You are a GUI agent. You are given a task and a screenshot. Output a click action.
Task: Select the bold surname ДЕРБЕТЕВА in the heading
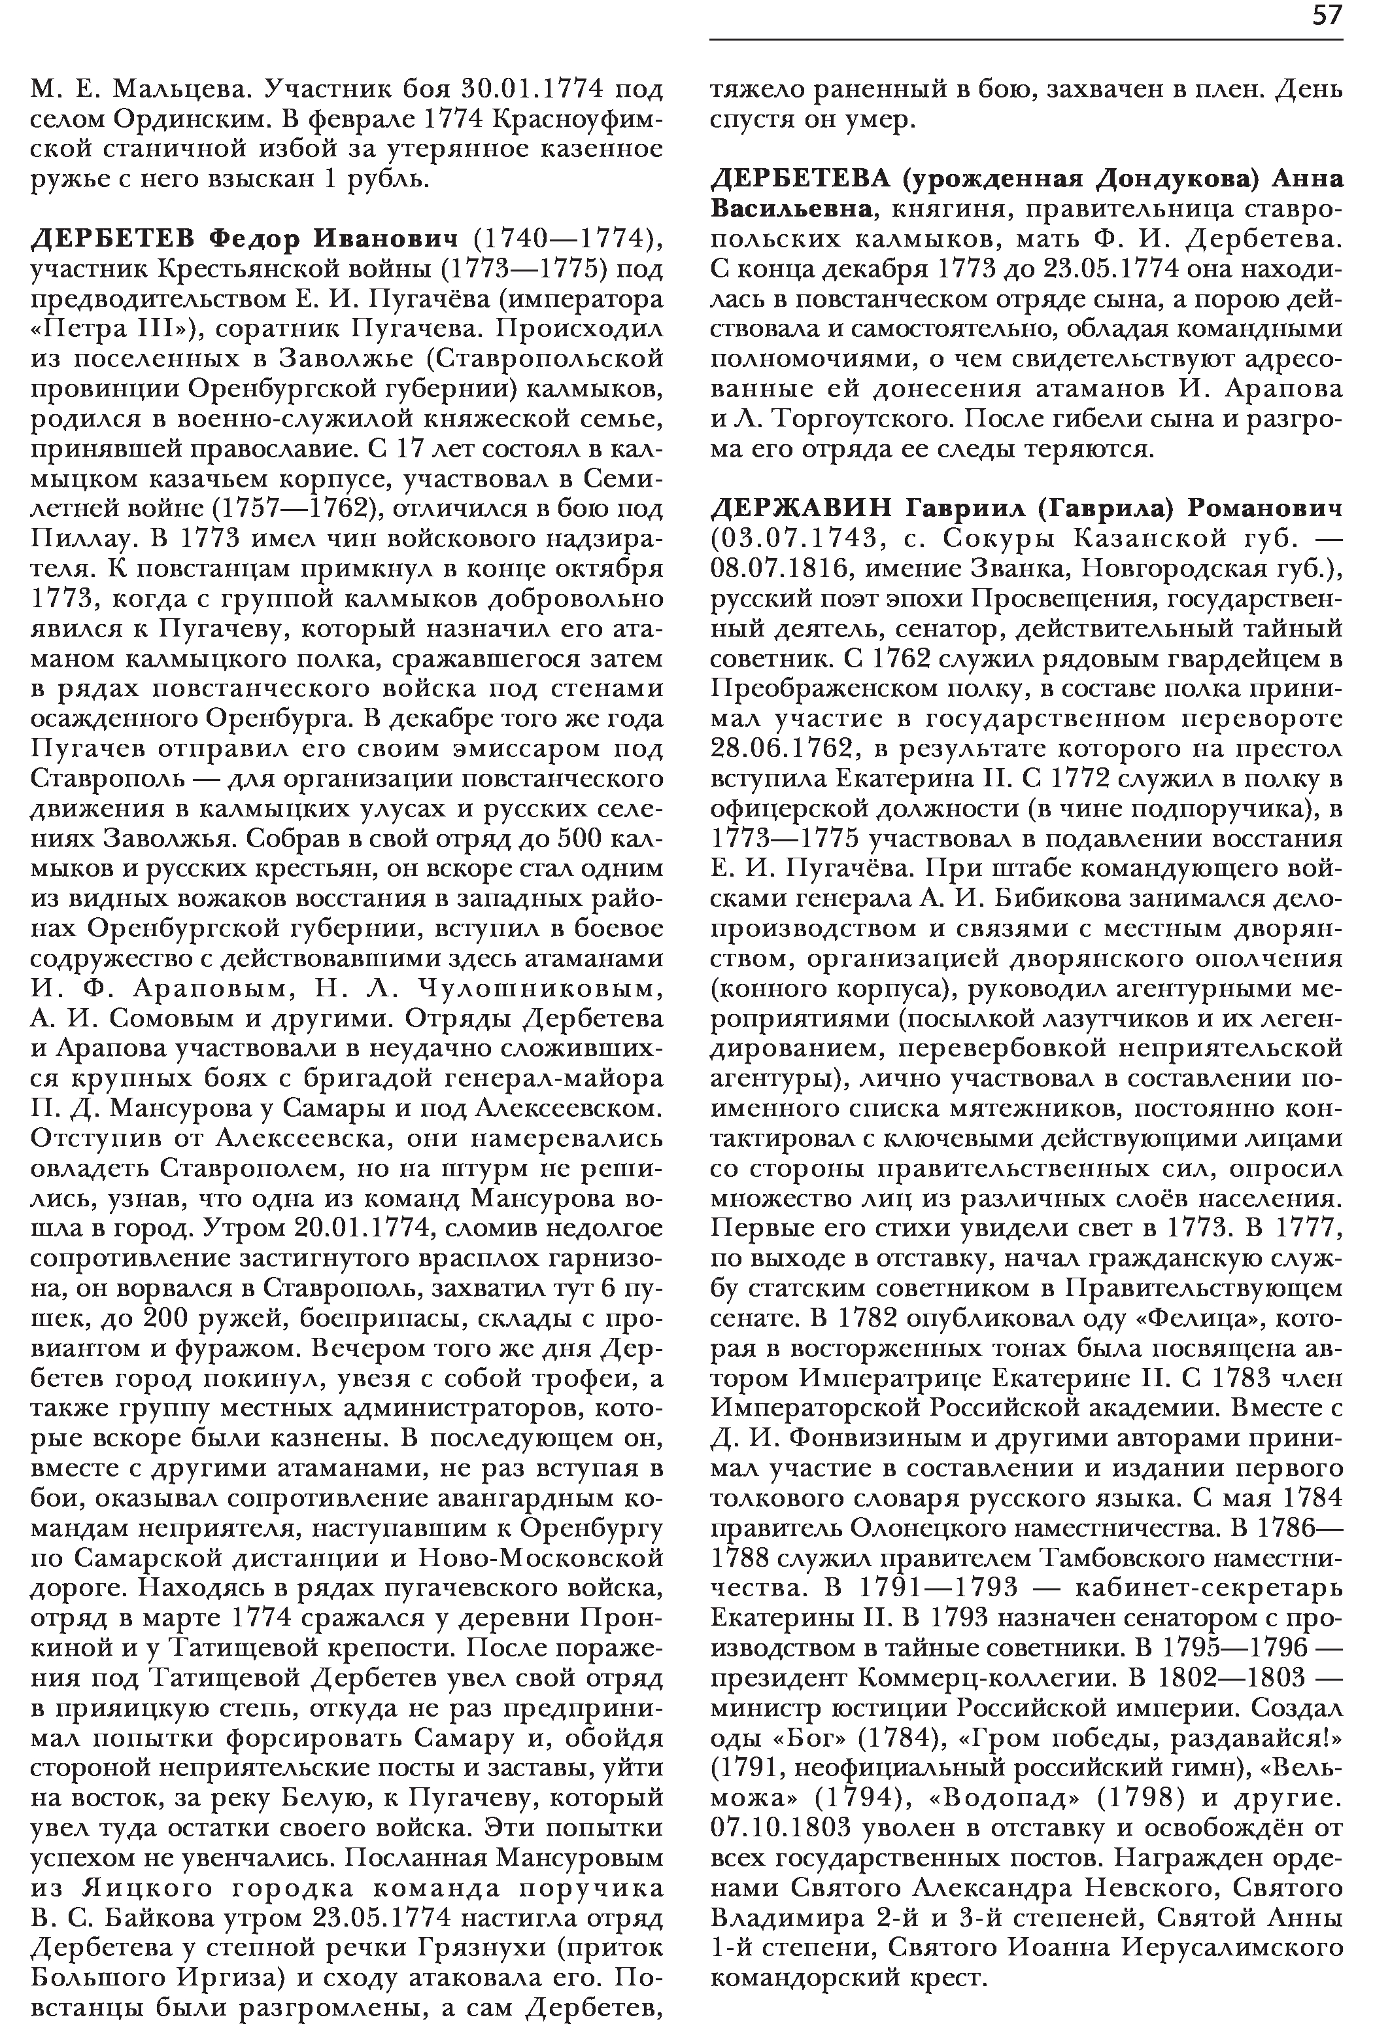tap(802, 179)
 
